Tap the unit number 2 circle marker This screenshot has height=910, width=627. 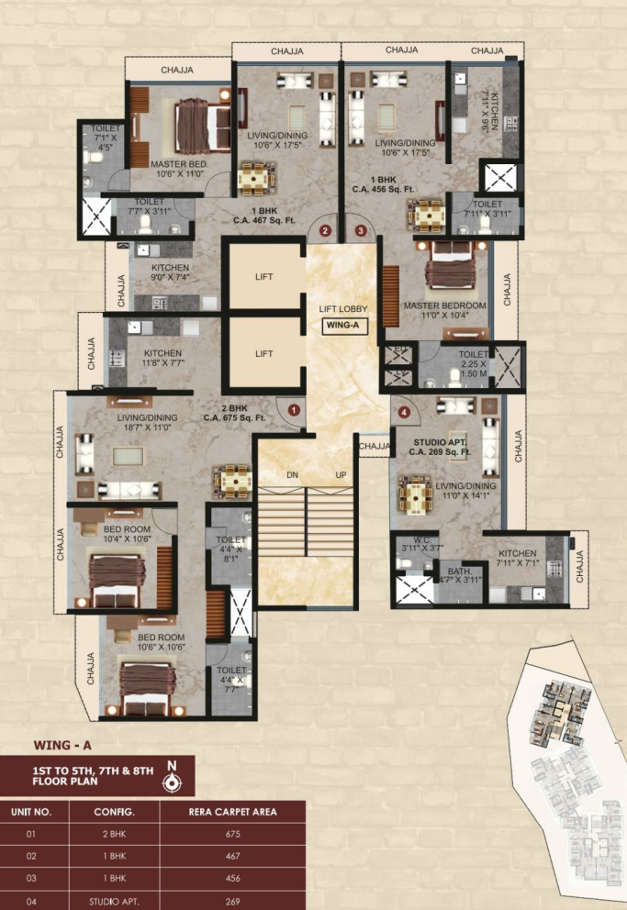point(323,229)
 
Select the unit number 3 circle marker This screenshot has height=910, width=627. point(361,229)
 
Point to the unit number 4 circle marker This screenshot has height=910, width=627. point(405,412)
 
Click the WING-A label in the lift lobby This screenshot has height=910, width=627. point(341,325)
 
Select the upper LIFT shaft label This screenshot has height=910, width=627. point(264,276)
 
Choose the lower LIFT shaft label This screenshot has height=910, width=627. point(264,353)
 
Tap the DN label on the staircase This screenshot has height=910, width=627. point(292,475)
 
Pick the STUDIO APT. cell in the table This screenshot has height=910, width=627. point(115,901)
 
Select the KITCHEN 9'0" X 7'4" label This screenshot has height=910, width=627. point(170,272)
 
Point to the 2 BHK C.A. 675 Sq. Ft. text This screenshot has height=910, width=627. point(235,412)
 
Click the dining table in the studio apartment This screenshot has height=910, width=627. point(416,496)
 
